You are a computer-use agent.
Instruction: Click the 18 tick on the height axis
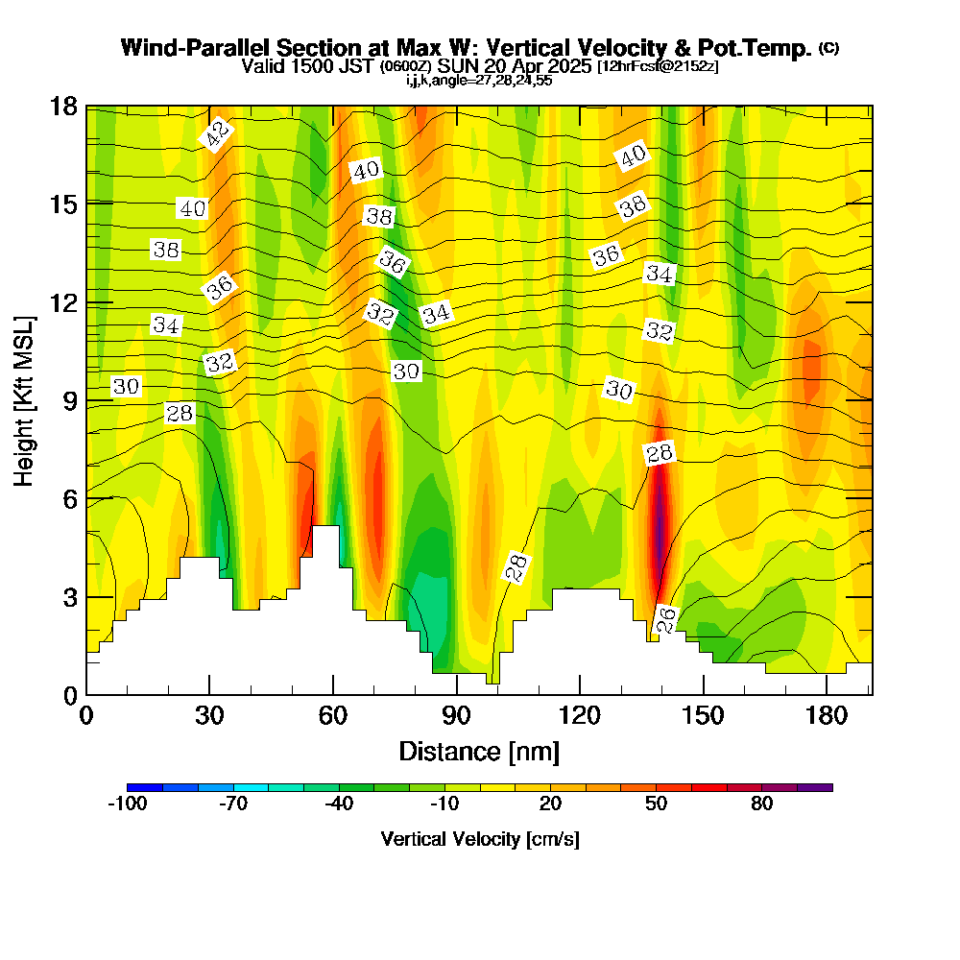click(65, 106)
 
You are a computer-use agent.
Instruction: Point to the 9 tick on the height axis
click(69, 400)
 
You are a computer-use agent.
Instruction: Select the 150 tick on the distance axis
click(704, 715)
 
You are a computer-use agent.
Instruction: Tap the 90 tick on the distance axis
click(457, 715)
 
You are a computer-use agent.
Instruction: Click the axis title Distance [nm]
click(478, 751)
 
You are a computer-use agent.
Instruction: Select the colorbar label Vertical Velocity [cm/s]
click(480, 839)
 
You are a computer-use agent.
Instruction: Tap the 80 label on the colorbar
click(762, 804)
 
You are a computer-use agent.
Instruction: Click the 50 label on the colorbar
click(656, 804)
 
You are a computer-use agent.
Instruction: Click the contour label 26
click(665, 619)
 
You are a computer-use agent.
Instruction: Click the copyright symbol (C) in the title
click(828, 47)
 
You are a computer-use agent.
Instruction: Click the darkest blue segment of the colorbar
click(145, 787)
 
